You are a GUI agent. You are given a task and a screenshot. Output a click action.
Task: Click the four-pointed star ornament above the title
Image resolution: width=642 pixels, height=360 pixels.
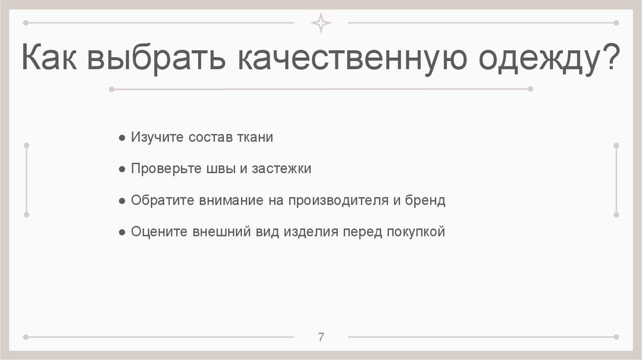coord(321,23)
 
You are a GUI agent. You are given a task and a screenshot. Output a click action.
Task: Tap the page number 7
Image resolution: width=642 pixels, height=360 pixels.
coord(321,337)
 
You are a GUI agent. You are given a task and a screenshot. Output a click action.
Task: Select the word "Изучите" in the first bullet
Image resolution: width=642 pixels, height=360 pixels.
coord(157,137)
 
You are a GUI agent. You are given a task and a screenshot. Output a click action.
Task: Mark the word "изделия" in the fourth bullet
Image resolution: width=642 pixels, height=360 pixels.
coord(311,232)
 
